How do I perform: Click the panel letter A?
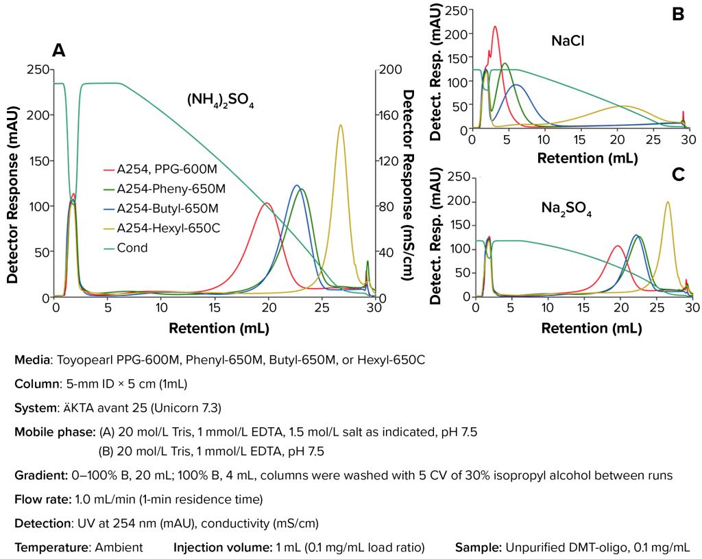(x=59, y=50)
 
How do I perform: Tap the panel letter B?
(x=678, y=13)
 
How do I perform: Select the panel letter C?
(x=679, y=174)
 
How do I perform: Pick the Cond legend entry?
(x=133, y=248)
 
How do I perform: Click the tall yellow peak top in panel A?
(x=340, y=126)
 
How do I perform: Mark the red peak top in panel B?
(x=494, y=27)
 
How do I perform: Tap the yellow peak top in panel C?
(x=667, y=202)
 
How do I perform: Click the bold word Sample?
(x=478, y=548)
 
